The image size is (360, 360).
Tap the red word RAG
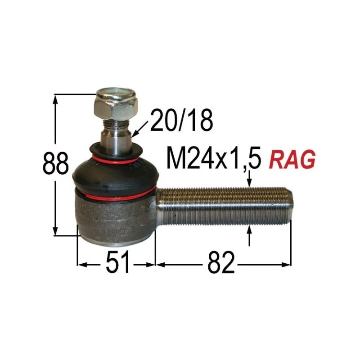click(292, 159)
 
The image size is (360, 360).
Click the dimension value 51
click(118, 263)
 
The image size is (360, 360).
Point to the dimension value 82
click(221, 263)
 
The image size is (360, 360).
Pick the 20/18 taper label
click(181, 121)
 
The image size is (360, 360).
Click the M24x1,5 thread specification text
click(214, 159)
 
